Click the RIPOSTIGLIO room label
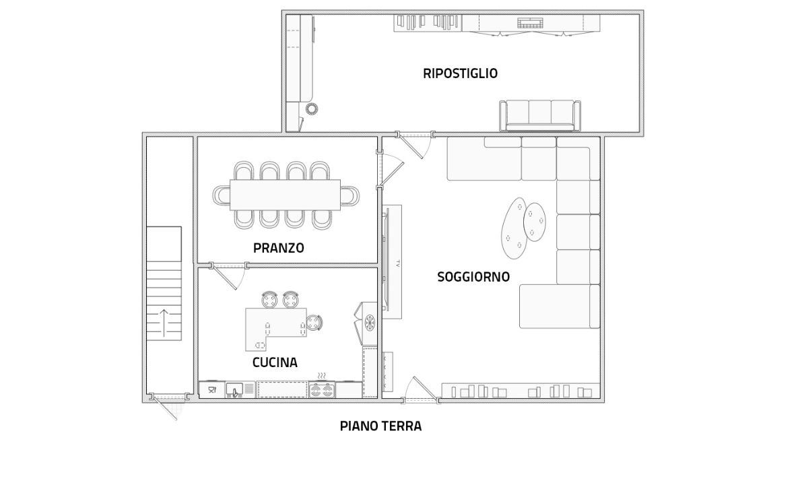[460, 73]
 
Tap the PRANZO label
[278, 248]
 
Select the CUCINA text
[275, 362]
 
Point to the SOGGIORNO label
[473, 277]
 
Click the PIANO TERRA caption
[380, 426]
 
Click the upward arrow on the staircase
[164, 323]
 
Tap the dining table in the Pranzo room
[286, 195]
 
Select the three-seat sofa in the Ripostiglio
[539, 115]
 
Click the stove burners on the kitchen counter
[322, 389]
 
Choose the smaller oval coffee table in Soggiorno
[535, 222]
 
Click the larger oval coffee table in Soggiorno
[514, 228]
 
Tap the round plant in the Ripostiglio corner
[312, 108]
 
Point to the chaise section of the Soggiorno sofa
[559, 306]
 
